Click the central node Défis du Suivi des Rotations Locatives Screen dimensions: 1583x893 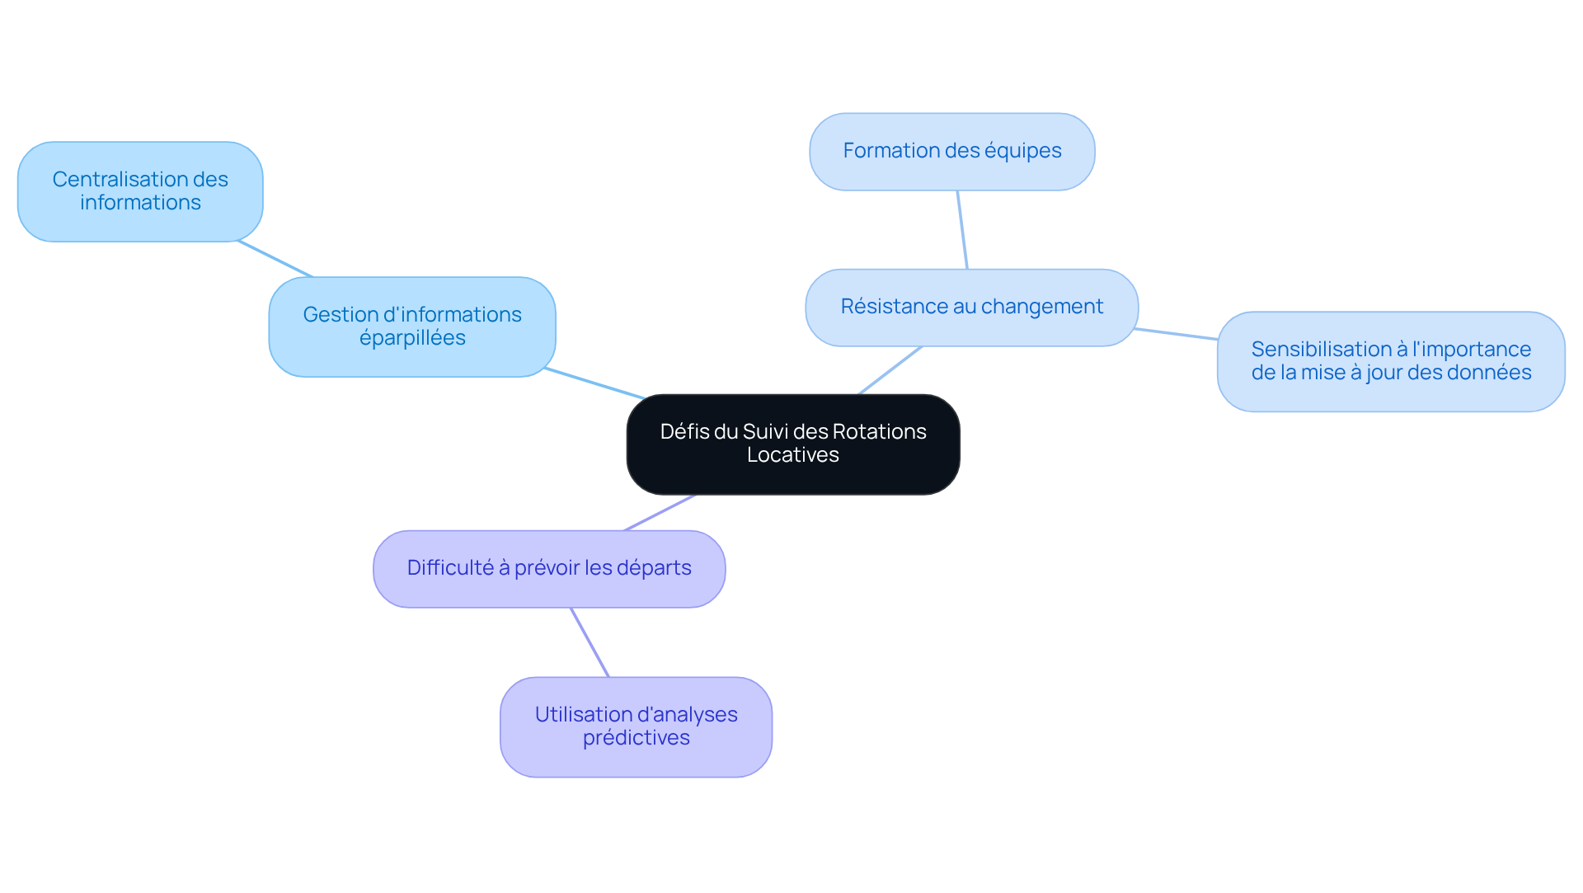[793, 444]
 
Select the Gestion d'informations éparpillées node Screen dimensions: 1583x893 [412, 327]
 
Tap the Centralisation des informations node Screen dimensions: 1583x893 [140, 191]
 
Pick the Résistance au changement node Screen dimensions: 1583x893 [972, 308]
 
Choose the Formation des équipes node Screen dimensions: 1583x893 [952, 152]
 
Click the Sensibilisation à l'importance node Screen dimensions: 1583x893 [1391, 361]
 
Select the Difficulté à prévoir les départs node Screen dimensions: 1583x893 [549, 569]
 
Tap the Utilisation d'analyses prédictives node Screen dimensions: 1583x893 [636, 727]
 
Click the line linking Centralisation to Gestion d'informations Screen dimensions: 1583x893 [275, 259]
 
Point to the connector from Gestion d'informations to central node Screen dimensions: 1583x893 [594, 383]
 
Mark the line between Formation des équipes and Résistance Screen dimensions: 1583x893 [962, 230]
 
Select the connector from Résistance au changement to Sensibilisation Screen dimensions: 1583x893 [1176, 334]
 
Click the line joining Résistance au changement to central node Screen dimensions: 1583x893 [890, 370]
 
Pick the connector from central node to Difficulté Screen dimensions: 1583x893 [660, 513]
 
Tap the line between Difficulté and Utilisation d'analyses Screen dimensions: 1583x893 [590, 642]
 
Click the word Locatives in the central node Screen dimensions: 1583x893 [793, 455]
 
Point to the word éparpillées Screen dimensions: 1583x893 [412, 339]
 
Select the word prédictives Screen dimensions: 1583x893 [636, 738]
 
